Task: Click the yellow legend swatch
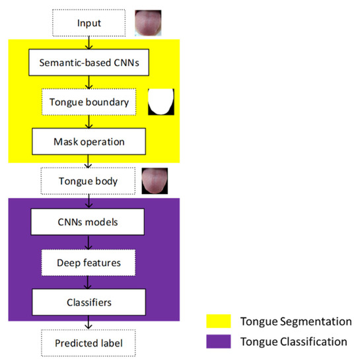(x=216, y=321)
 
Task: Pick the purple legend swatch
(x=216, y=342)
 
